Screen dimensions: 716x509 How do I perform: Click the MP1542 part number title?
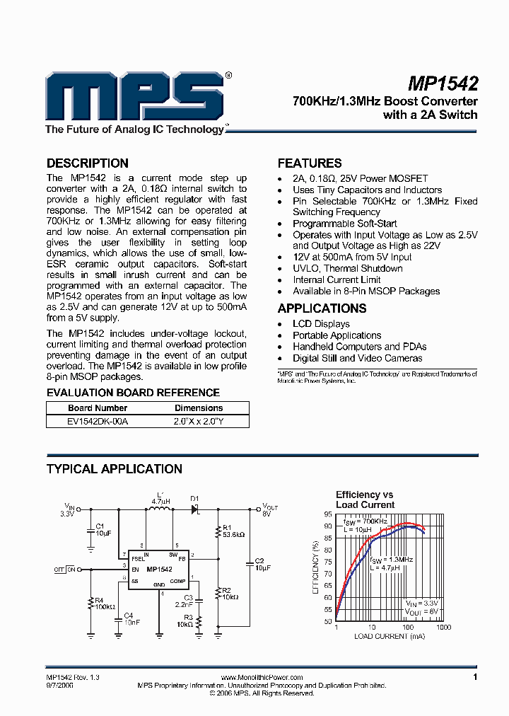[x=443, y=83]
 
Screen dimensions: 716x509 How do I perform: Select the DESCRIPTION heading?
[x=87, y=163]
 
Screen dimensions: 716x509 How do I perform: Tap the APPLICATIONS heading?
[x=322, y=308]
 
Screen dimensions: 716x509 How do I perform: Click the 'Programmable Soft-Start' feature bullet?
[x=345, y=224]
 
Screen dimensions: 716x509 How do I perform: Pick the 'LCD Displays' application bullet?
[x=321, y=324]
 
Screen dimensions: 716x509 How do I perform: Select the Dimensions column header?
[x=198, y=408]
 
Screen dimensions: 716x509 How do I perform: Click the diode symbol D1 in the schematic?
[x=196, y=508]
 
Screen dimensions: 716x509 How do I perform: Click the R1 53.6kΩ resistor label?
[x=233, y=531]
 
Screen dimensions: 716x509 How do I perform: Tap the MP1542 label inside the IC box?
[x=159, y=569]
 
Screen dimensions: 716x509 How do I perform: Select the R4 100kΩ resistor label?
[x=104, y=604]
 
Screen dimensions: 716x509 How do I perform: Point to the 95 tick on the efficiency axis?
[x=327, y=514]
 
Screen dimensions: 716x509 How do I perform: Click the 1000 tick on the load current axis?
[x=443, y=627]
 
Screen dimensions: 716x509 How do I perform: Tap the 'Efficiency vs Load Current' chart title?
[x=365, y=500]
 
